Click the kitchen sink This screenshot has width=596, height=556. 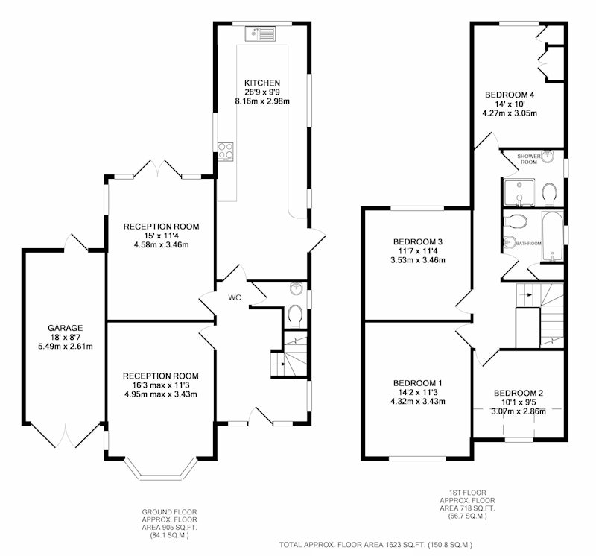pos(260,34)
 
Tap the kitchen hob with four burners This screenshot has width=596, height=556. pos(226,152)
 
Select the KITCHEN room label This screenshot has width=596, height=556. pos(262,83)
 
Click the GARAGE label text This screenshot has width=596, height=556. pos(66,328)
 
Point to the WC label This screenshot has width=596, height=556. pos(235,298)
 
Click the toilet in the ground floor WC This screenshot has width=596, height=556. pos(294,317)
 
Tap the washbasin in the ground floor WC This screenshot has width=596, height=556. pos(296,288)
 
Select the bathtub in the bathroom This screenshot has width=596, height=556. pos(552,236)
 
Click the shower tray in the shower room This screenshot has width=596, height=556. pos(519,193)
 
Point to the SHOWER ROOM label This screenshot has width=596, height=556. pos(529,159)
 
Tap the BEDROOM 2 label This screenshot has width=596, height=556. pos(519,394)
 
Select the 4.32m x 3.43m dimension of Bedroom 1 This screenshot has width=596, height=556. pos(418,402)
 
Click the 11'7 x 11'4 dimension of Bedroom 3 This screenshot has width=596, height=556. pos(418,251)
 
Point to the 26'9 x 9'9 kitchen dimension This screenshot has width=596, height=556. pos(262,92)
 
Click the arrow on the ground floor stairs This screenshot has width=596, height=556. pos(282,364)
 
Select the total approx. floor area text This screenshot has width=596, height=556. pos(375,545)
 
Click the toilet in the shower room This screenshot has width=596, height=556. pos(548,195)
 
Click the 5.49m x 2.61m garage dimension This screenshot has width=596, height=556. pos(66,347)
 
